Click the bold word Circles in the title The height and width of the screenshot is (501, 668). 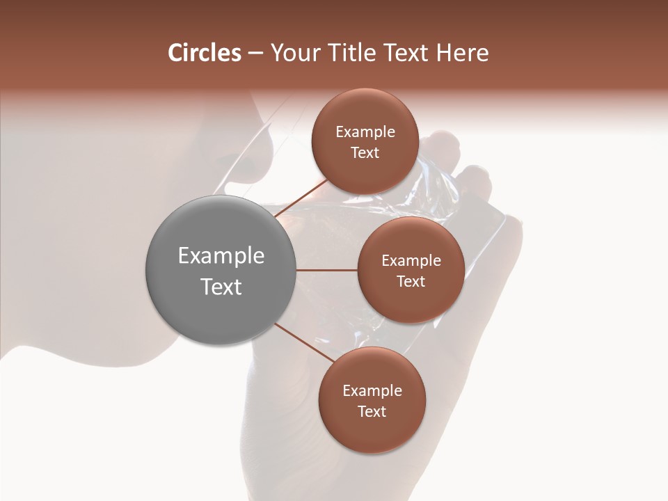click(204, 53)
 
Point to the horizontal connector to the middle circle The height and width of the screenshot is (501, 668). click(326, 270)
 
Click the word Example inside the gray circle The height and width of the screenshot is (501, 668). click(221, 256)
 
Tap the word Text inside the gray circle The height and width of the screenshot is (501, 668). click(221, 287)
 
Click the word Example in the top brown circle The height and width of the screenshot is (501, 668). click(365, 132)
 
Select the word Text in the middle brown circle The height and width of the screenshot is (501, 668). click(411, 281)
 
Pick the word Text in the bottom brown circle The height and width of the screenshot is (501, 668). click(372, 411)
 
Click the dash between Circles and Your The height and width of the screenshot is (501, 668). click(255, 53)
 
